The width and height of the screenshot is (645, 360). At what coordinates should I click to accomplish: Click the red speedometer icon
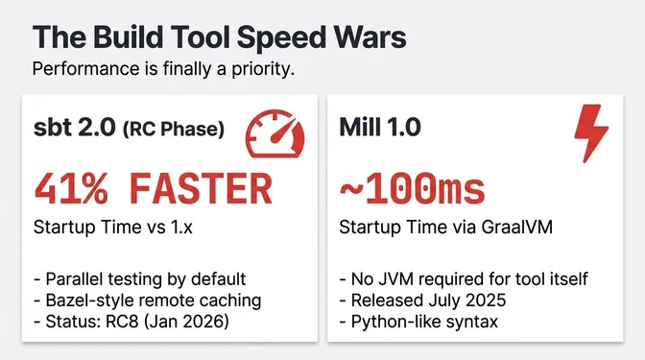(x=275, y=133)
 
